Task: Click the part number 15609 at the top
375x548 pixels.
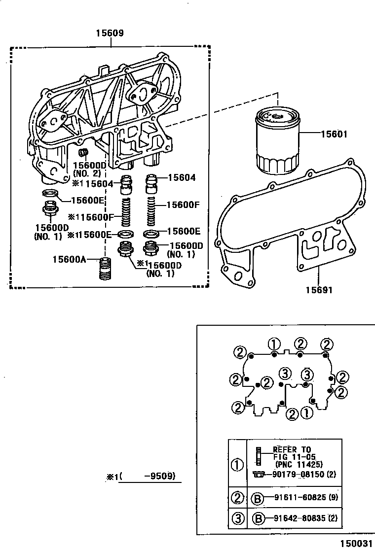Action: tap(111, 34)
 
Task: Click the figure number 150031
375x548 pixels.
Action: tap(355, 542)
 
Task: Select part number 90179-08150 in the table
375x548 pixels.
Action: tap(297, 474)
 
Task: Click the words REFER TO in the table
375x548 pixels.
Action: tap(293, 449)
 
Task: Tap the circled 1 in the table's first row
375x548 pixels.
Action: tap(237, 464)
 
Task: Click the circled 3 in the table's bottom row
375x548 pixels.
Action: tap(237, 518)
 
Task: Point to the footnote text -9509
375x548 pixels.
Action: tap(159, 477)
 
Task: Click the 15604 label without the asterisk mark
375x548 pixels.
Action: tap(182, 178)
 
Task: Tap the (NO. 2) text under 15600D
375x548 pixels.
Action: tap(87, 173)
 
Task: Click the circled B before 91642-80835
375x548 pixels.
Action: tap(257, 518)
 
